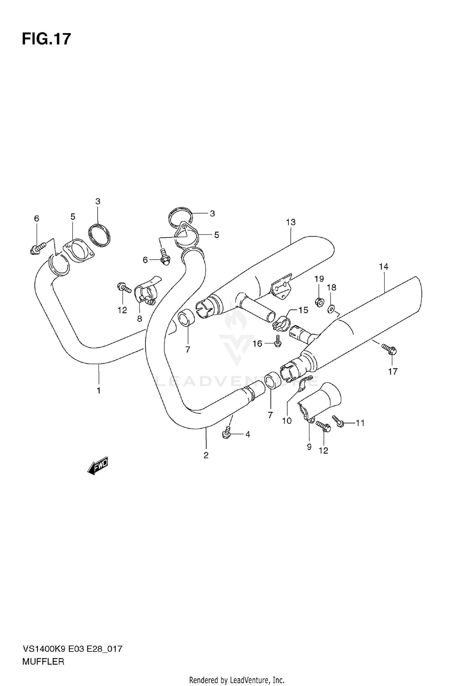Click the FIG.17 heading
tap(46, 39)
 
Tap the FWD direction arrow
tap(98, 466)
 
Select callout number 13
tap(290, 222)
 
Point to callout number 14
tap(384, 267)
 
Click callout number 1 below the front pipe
tap(99, 391)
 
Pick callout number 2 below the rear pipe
tap(206, 455)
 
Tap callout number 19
tap(319, 279)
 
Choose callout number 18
tap(331, 287)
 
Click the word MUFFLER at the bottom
tap(43, 662)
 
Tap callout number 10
tap(287, 421)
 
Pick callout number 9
tap(309, 447)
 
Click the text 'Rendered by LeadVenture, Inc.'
tap(237, 680)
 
